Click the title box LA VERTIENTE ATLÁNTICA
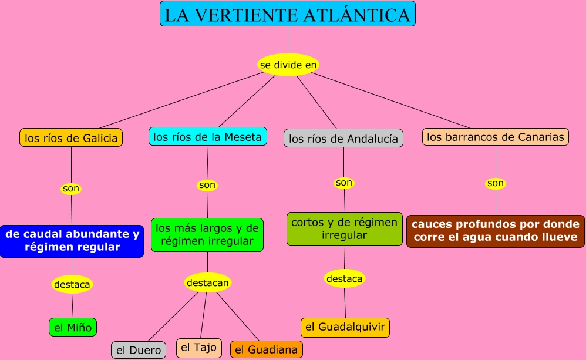coord(287,14)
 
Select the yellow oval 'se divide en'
coord(288,65)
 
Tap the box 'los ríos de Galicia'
coord(71,138)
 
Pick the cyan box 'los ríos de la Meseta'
coord(207,136)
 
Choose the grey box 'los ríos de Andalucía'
coord(343,139)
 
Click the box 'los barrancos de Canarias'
coord(496,137)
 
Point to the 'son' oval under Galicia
coord(71,189)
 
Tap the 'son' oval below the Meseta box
coord(207,185)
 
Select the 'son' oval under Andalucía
coord(344,183)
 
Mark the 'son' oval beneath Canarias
coord(496,183)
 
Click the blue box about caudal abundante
coord(72,241)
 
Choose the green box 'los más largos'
coord(207,234)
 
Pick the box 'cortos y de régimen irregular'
coord(345,228)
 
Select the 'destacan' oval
coord(208,282)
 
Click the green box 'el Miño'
coord(73,327)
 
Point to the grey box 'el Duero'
coord(139,350)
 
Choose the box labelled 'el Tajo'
coord(199,348)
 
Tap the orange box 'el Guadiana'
coord(267,349)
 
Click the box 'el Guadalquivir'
coord(345,327)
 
